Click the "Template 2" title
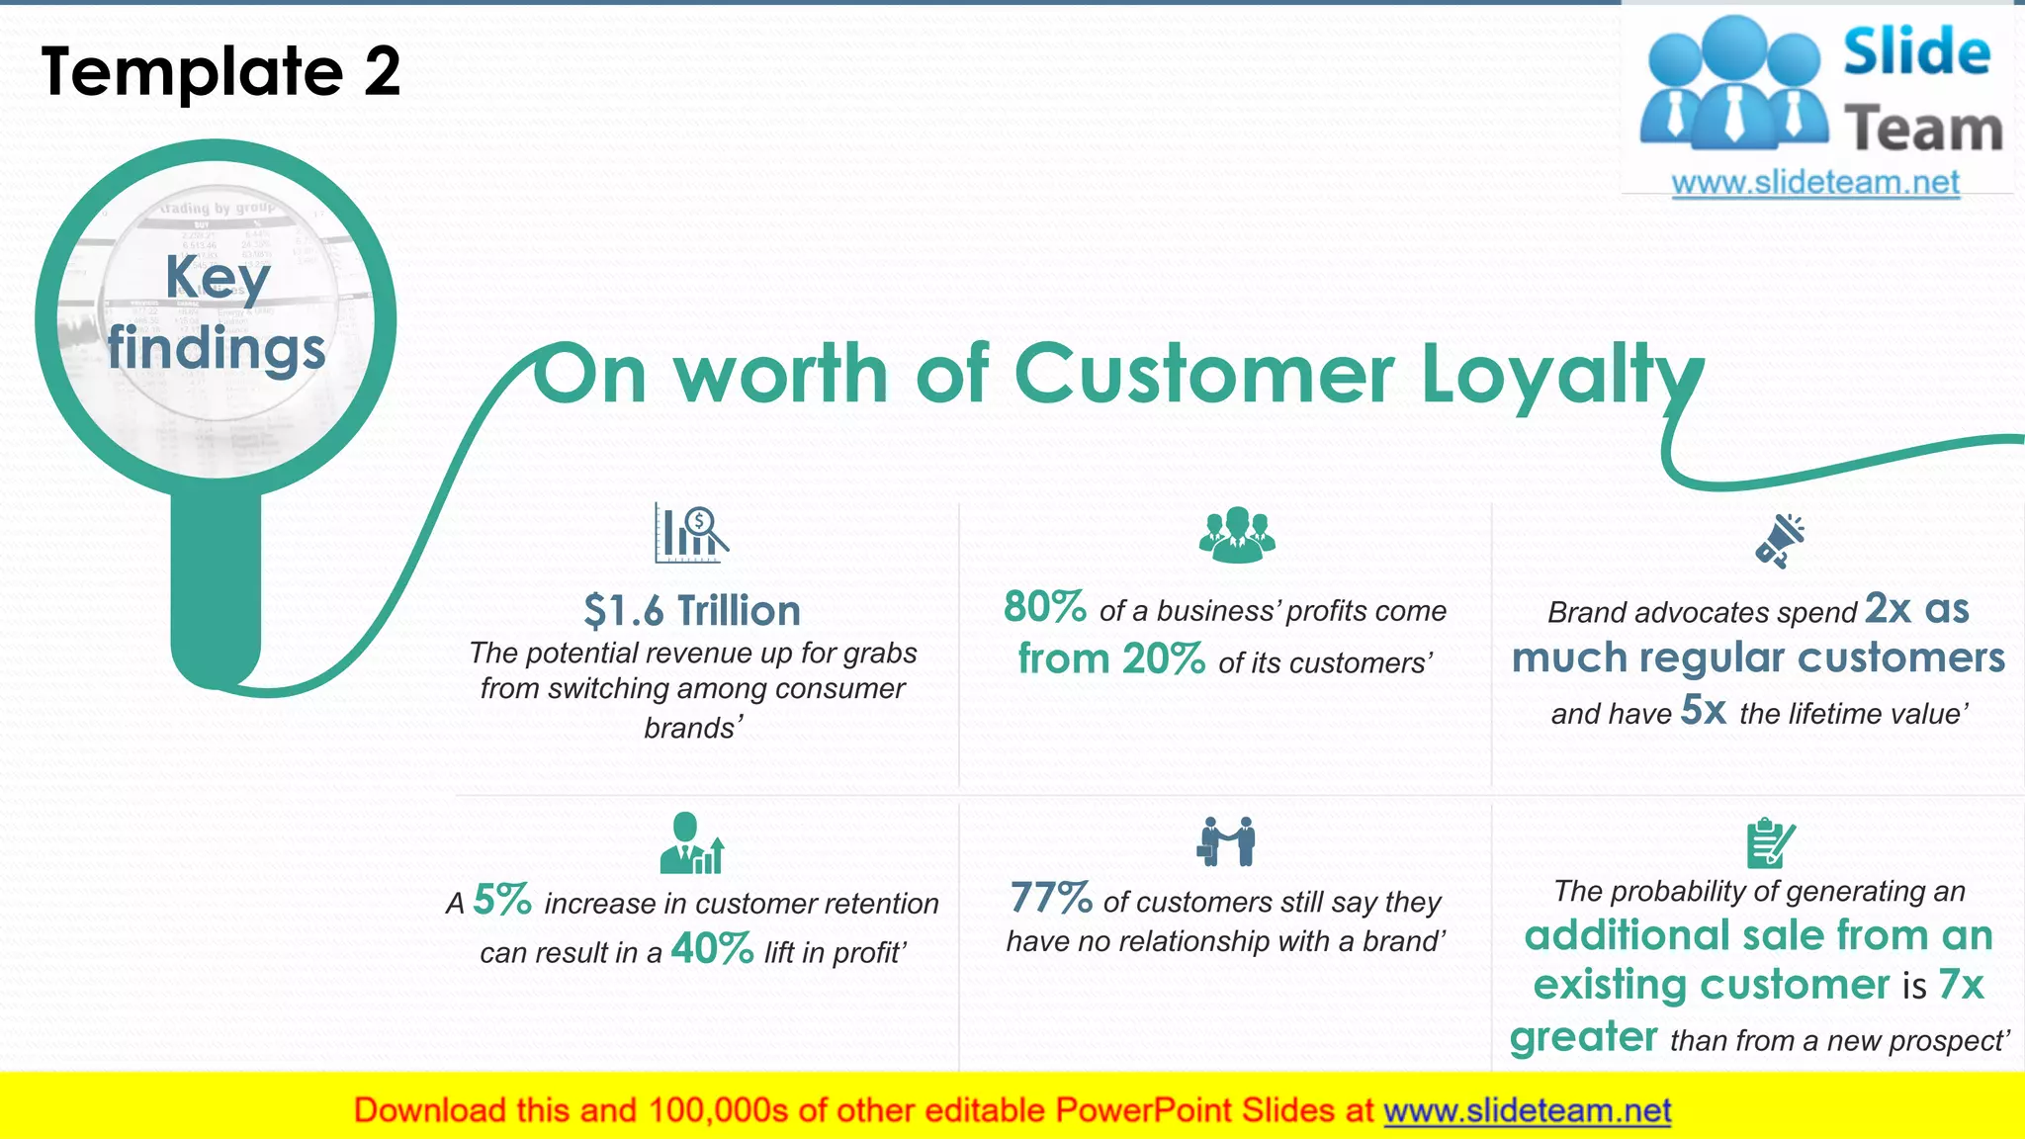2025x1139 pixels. click(x=220, y=71)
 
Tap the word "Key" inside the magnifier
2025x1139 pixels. click(x=218, y=277)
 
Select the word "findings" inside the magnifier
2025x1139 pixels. click(x=217, y=349)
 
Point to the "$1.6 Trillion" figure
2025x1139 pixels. click(x=692, y=611)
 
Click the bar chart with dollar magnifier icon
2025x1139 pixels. click(x=691, y=533)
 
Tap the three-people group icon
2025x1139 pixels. click(x=1237, y=535)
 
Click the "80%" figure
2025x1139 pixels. click(x=1045, y=607)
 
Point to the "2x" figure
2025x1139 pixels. click(x=1889, y=609)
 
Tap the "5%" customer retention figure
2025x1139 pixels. click(x=502, y=900)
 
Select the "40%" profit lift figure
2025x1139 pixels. click(x=712, y=949)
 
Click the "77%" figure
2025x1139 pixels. click(x=1051, y=899)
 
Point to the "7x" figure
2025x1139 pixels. click(x=1961, y=985)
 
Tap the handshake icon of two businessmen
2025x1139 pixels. click(x=1227, y=841)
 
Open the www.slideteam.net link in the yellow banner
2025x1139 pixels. click(x=1527, y=1110)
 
